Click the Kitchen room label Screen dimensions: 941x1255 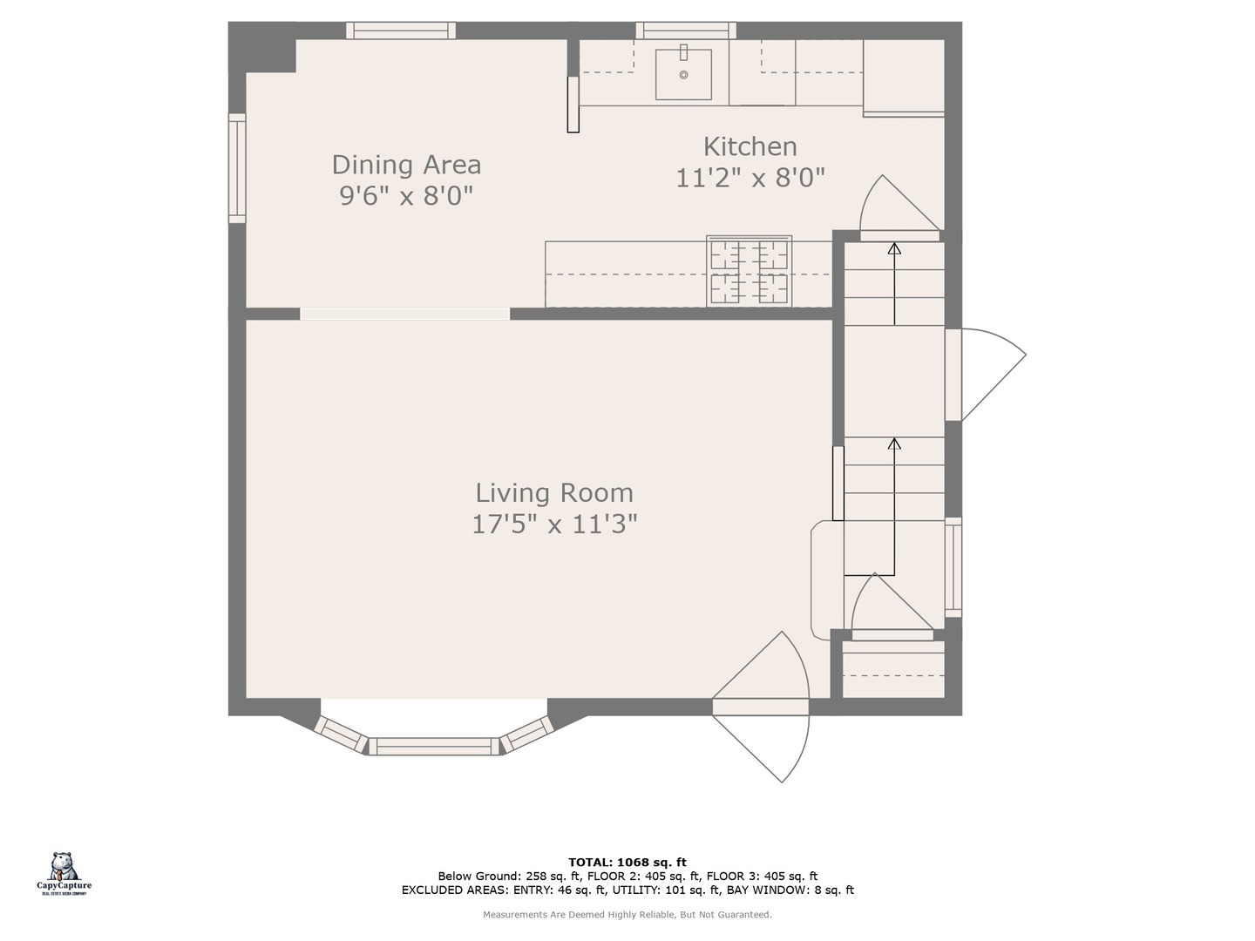750,146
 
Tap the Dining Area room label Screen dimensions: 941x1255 406,165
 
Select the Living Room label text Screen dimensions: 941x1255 554,492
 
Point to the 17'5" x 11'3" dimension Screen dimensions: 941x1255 554,524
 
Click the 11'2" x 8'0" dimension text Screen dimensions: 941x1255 750,178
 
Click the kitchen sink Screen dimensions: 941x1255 683,74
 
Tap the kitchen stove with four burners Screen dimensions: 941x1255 749,271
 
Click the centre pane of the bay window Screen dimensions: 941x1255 434,746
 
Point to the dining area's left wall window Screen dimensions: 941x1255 237,167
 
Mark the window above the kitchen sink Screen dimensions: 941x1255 685,30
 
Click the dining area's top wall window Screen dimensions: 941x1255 401,30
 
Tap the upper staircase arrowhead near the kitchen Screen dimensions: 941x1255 893,248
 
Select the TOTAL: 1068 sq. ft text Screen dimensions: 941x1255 627,863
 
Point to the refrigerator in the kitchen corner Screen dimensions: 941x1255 904,77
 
